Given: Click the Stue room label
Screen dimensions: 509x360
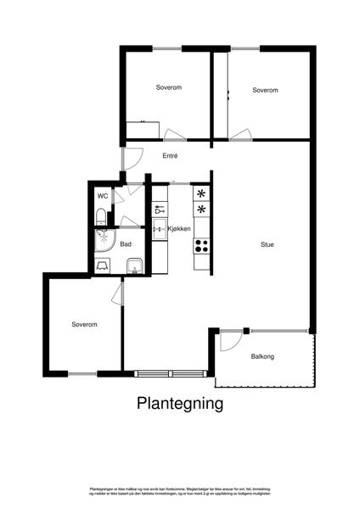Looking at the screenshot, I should [267, 245].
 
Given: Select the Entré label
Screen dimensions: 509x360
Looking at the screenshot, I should [170, 155].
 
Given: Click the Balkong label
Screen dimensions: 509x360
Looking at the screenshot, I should [263, 356].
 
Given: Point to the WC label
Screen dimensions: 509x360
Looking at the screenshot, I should [103, 196].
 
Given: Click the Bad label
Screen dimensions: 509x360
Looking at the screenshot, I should [126, 244].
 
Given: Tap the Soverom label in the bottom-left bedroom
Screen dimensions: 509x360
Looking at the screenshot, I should [84, 325].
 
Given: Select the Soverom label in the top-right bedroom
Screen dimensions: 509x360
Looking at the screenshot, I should [265, 89].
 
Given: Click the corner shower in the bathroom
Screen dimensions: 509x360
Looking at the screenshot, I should [105, 240].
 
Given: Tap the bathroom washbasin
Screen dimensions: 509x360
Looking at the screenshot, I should [132, 268].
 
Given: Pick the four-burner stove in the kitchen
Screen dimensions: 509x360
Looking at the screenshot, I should [202, 246].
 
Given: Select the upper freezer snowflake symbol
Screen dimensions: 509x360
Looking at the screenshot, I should [201, 193].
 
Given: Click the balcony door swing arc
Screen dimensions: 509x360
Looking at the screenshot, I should [229, 341].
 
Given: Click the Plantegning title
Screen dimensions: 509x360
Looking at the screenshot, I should [180, 404].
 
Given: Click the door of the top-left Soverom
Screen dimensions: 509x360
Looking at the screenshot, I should [175, 134].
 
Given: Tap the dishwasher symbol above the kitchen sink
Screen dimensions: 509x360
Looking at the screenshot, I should [159, 210].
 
